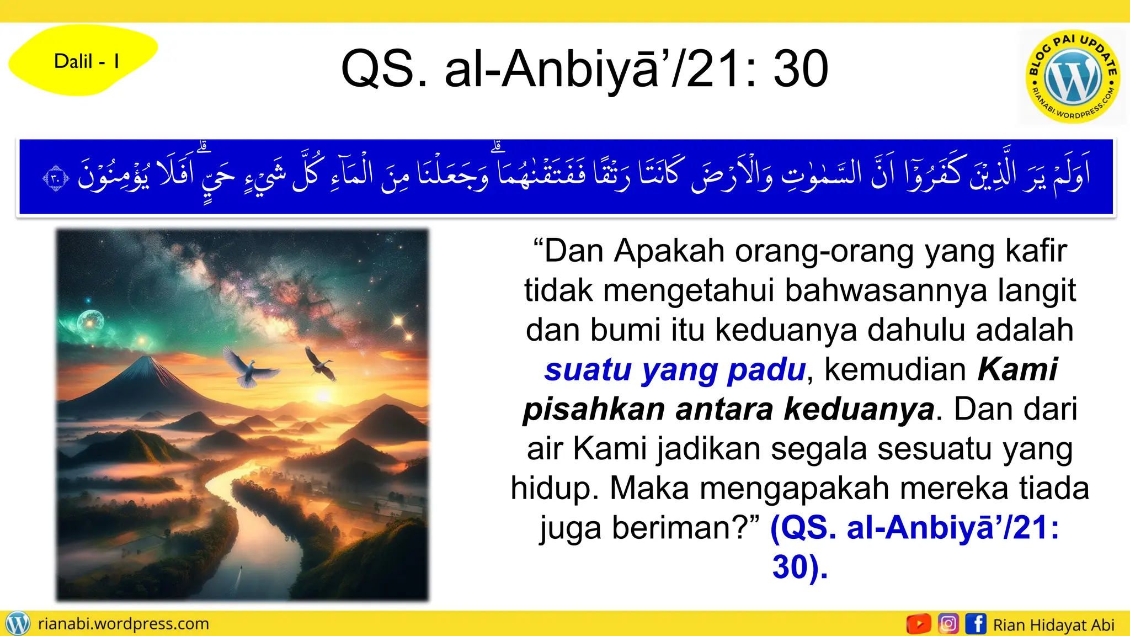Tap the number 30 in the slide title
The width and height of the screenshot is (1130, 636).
point(800,69)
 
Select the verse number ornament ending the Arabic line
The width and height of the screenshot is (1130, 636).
point(56,178)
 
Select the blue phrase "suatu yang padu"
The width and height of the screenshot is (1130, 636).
point(675,369)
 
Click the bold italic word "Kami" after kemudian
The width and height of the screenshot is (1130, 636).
point(1017,369)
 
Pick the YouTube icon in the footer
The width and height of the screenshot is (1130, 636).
point(918,624)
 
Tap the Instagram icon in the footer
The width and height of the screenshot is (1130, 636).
point(948,624)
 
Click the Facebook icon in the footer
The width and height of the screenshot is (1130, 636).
point(976,624)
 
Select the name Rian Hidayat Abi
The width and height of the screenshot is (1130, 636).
point(1053,625)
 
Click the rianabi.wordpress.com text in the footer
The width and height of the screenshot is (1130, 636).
point(124,624)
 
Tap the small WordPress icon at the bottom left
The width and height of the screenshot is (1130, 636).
point(18,624)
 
